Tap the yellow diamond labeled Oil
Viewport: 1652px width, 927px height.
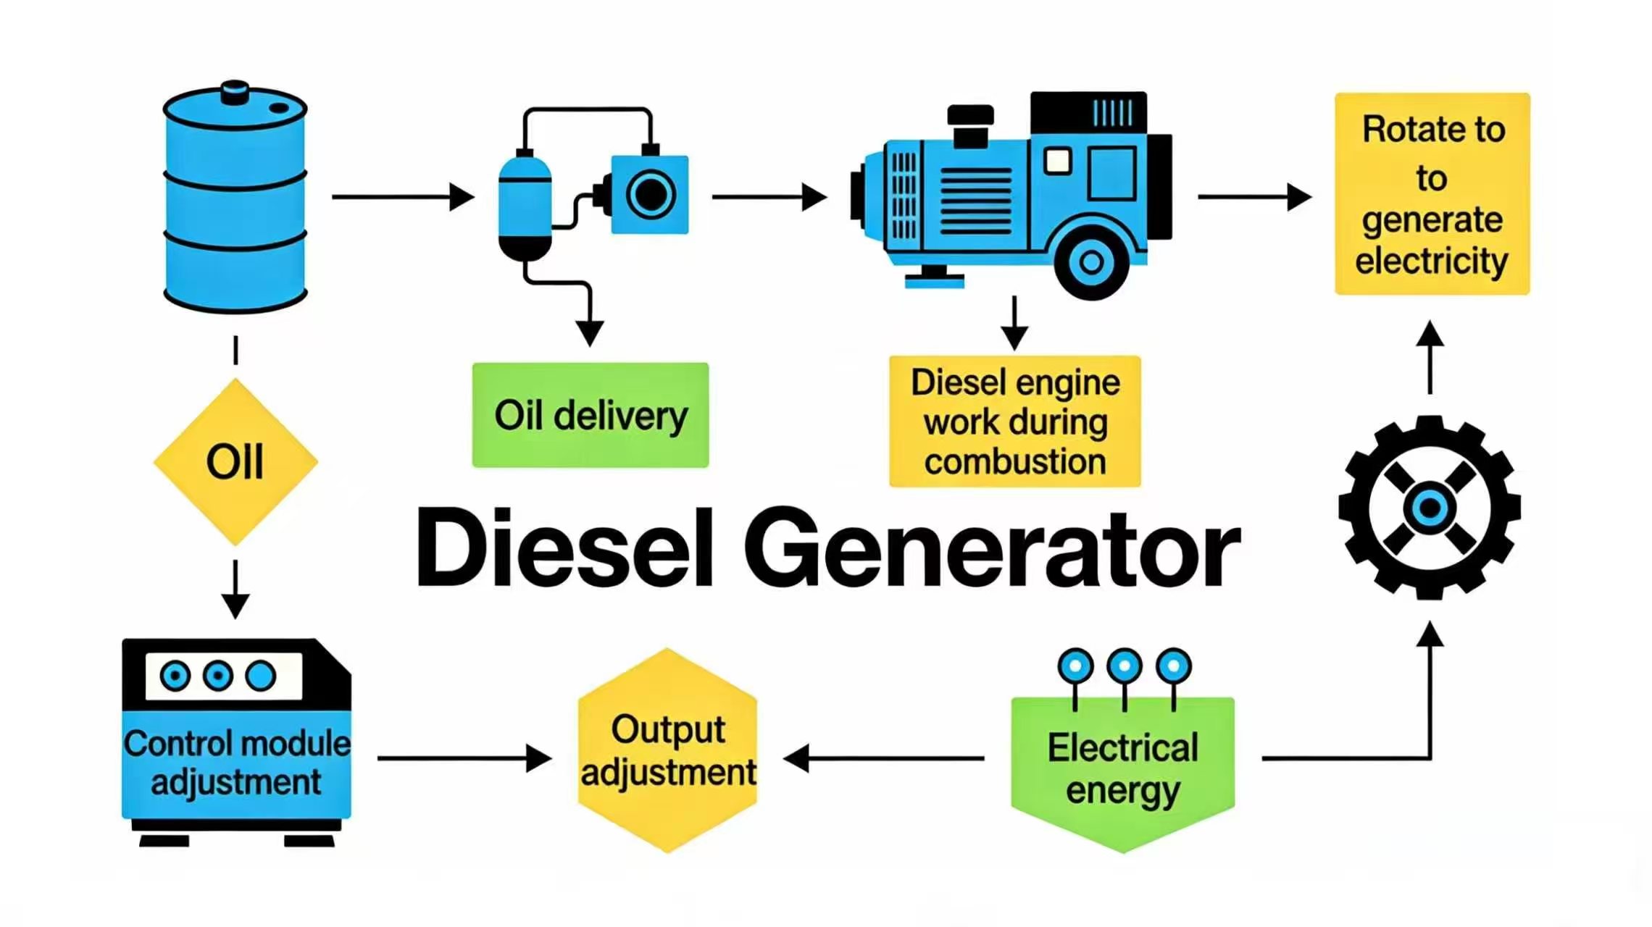click(x=235, y=462)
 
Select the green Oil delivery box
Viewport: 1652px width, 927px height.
click(x=590, y=415)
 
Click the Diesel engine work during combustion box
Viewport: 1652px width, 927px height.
click(x=1014, y=421)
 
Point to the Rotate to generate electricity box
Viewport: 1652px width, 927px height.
click(x=1432, y=194)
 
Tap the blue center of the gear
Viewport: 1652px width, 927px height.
click(x=1429, y=508)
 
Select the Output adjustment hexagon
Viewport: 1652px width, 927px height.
click(x=667, y=750)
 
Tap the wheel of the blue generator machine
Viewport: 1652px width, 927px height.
click(x=1091, y=262)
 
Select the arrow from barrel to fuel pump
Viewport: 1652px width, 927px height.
click(x=402, y=196)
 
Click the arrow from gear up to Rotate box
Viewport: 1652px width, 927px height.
click(x=1430, y=358)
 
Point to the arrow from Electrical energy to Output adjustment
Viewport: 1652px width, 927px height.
click(x=884, y=758)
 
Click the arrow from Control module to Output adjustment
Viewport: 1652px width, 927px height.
click(x=464, y=758)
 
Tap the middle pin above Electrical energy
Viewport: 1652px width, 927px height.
click(x=1125, y=666)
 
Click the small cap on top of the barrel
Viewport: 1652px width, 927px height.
click(x=235, y=93)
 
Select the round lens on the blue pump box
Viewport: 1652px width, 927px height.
click(x=650, y=194)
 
